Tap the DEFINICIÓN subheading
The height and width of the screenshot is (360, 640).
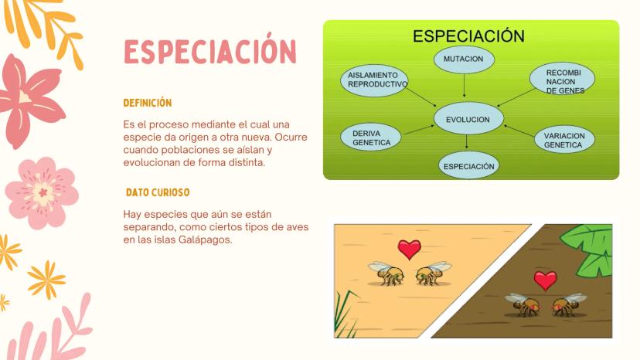point(148,103)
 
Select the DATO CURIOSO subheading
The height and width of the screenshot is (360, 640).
point(158,192)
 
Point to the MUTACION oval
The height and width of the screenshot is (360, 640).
point(464,59)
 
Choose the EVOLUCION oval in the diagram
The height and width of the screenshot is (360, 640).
point(468,119)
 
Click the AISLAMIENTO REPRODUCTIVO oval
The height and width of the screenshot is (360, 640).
point(374,80)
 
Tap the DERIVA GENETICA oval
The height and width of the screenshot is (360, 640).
point(370,138)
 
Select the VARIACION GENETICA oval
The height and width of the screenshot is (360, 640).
point(564,139)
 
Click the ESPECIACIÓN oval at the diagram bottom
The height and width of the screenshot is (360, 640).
point(468,166)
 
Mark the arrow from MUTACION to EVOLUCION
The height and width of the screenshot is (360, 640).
point(464,85)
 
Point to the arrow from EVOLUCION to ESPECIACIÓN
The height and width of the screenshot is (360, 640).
point(467,141)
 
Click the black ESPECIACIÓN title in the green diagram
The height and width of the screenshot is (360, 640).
point(468,36)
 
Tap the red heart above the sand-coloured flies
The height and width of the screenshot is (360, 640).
point(410,250)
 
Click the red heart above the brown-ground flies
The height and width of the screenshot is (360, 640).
point(545,280)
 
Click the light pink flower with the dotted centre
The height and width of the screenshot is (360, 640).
point(42,192)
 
